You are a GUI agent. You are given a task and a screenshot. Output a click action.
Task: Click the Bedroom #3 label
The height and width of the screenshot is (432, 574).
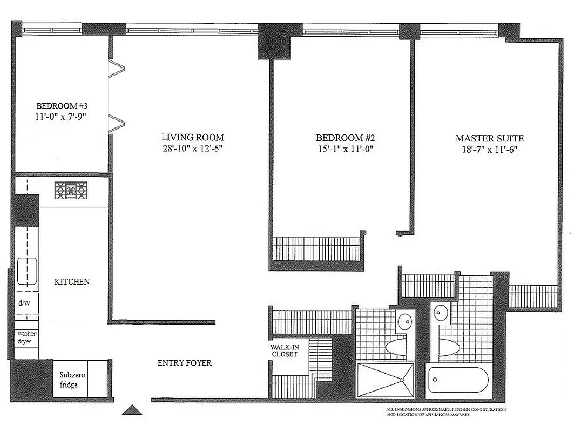[61, 105]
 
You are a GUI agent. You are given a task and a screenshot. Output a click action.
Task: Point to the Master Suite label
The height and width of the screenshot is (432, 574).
[489, 138]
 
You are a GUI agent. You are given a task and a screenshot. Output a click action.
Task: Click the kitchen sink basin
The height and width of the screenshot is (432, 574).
[26, 271]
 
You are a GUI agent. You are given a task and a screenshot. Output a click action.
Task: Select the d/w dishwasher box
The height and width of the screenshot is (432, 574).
[25, 303]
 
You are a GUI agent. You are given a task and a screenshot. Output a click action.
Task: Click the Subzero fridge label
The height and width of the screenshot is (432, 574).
[69, 380]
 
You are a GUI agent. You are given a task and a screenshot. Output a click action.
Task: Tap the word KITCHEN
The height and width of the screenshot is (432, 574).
[71, 282]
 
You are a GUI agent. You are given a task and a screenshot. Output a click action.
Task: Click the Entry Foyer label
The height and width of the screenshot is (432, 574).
[184, 363]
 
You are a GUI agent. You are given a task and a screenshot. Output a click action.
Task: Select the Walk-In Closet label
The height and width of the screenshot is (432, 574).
[284, 350]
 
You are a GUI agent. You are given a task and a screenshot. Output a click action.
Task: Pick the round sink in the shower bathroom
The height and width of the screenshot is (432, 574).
[404, 323]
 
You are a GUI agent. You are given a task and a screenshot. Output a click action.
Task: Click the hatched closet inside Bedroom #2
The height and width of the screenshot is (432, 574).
[316, 249]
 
